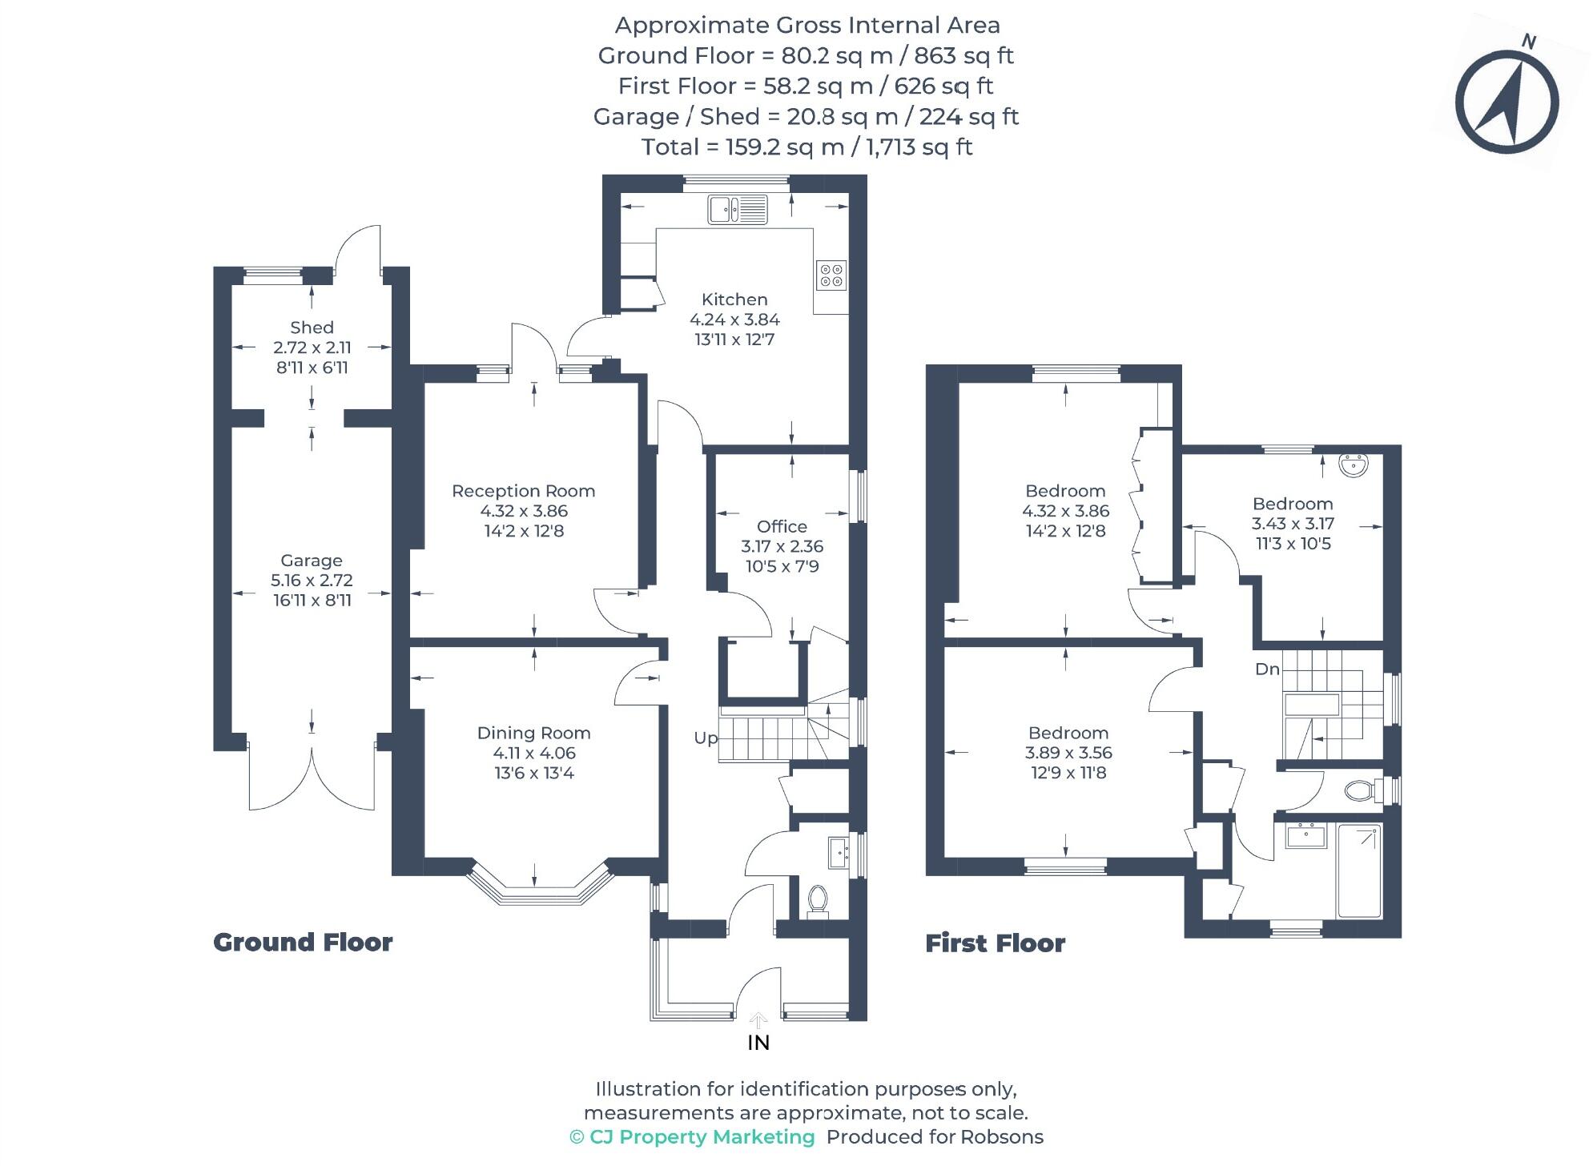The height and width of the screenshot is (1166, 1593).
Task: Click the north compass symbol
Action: click(1506, 102)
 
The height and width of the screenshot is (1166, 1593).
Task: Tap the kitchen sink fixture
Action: click(737, 210)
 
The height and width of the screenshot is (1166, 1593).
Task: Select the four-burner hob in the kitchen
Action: click(831, 275)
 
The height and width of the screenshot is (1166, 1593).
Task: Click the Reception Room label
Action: click(523, 491)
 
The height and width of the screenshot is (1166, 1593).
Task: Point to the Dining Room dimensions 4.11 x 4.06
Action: click(533, 753)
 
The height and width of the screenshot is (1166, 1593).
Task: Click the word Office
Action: click(782, 526)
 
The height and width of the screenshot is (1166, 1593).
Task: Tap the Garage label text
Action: click(311, 561)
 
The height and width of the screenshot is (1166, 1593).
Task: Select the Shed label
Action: click(312, 328)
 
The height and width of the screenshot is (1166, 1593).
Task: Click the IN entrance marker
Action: click(758, 1043)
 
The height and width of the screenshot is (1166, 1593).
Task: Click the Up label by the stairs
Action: click(705, 738)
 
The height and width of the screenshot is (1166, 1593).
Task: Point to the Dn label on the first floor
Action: click(1266, 669)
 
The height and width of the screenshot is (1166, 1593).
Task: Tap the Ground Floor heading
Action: click(303, 943)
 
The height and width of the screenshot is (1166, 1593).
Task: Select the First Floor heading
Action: click(995, 943)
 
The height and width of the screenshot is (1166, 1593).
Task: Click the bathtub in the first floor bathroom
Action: click(1359, 870)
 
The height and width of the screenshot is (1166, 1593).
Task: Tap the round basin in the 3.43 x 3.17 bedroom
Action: click(1354, 465)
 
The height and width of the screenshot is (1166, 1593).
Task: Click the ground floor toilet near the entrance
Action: click(817, 899)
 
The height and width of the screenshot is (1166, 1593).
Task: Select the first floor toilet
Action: click(1359, 791)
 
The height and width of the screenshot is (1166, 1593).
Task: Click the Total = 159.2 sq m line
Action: click(807, 147)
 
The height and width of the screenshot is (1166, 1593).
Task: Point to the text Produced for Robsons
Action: click(934, 1137)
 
